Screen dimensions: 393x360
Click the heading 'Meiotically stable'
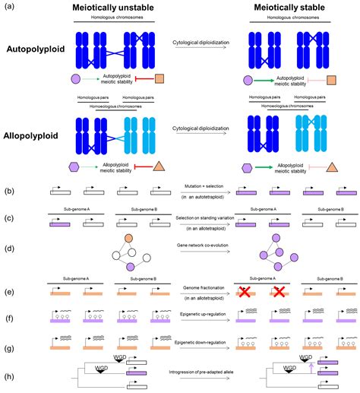pos(292,7)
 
